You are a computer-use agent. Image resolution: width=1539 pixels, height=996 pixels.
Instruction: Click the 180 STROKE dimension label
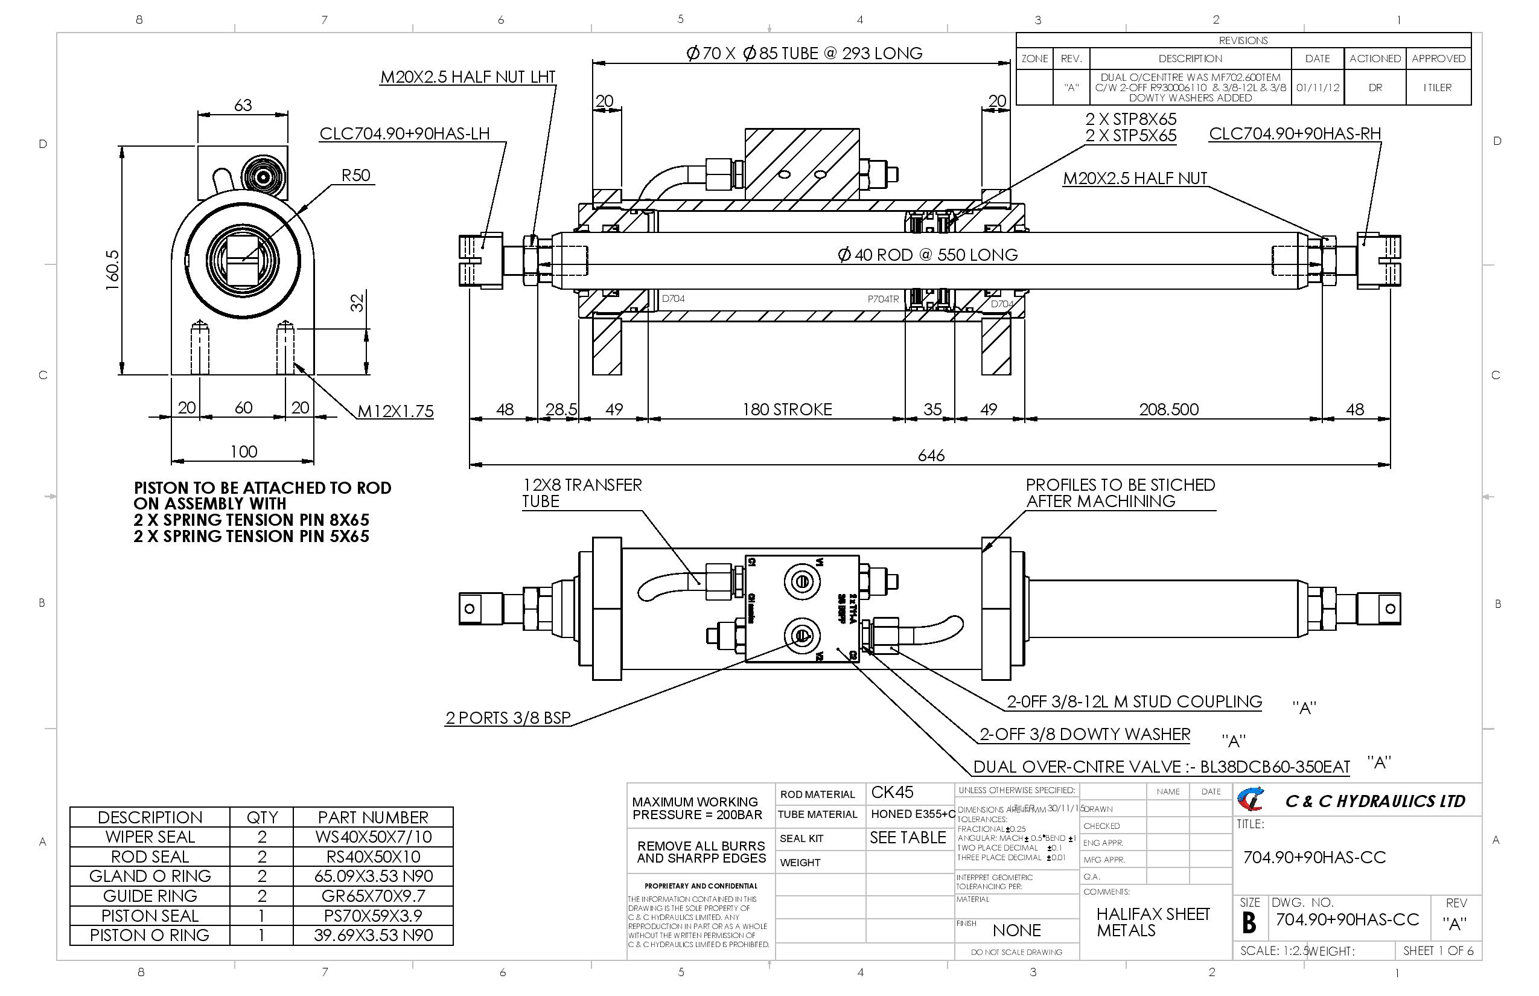click(x=786, y=409)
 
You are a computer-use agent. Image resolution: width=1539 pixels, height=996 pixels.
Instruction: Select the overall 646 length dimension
click(x=931, y=455)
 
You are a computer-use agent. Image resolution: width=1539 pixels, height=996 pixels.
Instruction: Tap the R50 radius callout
click(x=355, y=175)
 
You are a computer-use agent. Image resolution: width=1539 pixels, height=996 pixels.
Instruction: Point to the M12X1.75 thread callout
click(x=395, y=411)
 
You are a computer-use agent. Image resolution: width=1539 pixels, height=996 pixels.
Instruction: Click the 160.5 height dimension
click(x=112, y=270)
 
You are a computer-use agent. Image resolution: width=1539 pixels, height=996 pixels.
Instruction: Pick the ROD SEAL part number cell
click(x=373, y=857)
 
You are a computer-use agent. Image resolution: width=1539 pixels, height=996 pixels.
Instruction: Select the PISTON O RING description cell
click(x=150, y=935)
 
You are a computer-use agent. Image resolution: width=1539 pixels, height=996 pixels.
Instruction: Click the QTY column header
click(x=262, y=817)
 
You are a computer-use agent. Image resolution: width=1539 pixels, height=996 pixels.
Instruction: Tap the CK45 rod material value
click(x=893, y=792)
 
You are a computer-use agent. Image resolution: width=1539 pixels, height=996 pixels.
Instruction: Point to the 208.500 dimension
click(x=1168, y=409)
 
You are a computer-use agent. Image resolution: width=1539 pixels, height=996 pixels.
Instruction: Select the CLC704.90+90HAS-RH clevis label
click(x=1295, y=134)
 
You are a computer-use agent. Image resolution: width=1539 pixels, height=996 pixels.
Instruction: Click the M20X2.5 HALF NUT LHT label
click(x=468, y=77)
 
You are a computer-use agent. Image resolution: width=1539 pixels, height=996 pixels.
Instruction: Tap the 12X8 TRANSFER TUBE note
click(x=581, y=493)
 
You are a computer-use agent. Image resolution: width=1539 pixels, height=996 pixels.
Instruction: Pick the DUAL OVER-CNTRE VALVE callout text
click(x=1161, y=767)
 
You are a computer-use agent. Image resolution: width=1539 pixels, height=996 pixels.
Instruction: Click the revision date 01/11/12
click(x=1317, y=88)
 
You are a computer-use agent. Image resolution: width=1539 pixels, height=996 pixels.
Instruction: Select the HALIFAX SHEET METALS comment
click(x=1152, y=922)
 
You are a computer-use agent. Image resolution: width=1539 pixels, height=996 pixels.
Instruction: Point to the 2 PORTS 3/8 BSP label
click(x=508, y=718)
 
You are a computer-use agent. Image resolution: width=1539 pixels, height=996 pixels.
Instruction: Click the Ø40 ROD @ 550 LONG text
click(x=927, y=255)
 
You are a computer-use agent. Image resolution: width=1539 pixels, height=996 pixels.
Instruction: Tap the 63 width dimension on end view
click(x=243, y=105)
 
